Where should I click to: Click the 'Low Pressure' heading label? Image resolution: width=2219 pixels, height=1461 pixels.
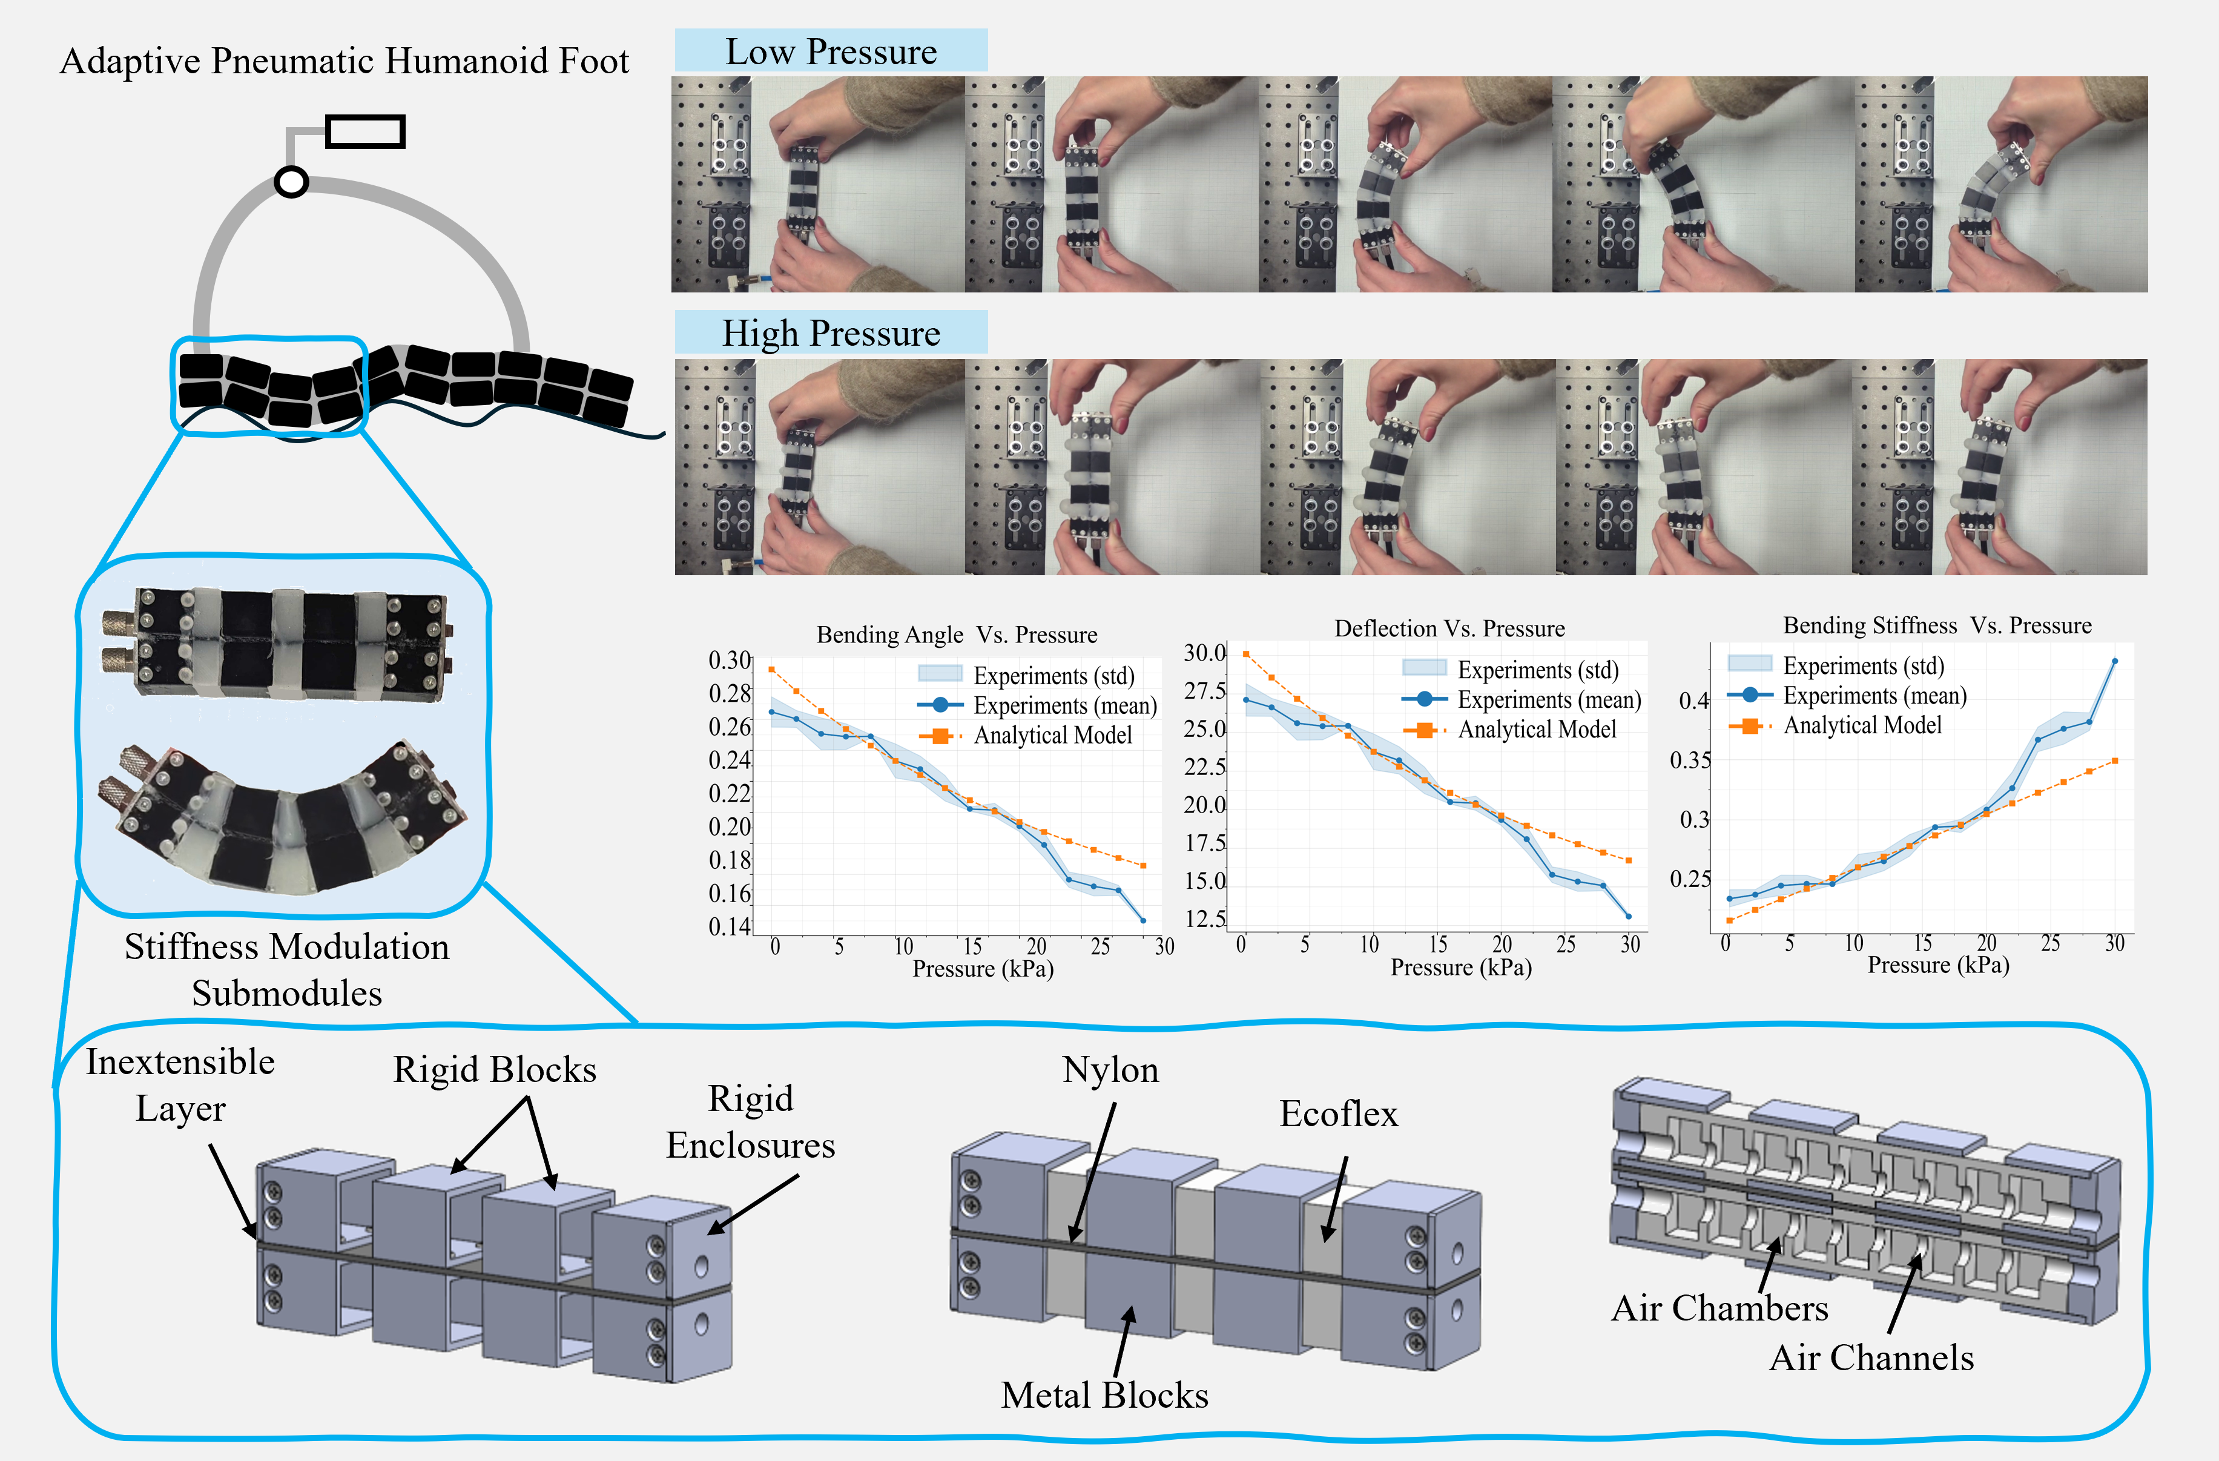click(x=831, y=51)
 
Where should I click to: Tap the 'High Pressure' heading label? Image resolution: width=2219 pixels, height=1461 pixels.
click(x=831, y=333)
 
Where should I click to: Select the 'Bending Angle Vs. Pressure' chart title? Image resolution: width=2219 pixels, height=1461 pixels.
click(x=957, y=635)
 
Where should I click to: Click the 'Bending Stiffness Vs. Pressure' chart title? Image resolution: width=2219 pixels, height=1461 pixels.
click(x=1936, y=625)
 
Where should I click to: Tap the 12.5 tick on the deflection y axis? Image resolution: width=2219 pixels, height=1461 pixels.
click(x=1205, y=919)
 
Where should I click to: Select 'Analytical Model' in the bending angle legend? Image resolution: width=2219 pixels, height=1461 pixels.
click(x=1053, y=736)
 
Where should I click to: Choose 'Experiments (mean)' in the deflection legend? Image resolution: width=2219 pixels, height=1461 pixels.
click(x=1549, y=699)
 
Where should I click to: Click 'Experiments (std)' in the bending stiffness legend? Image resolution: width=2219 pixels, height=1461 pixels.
click(x=1863, y=665)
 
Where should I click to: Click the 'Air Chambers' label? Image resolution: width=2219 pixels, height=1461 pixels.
click(x=1719, y=1308)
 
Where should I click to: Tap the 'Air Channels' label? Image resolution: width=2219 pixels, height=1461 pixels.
click(x=1871, y=1357)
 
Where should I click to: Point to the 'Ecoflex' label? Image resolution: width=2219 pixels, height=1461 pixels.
click(x=1338, y=1114)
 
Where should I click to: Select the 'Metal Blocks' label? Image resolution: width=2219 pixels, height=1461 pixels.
click(x=1104, y=1395)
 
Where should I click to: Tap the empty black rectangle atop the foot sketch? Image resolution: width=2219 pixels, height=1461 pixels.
click(x=364, y=131)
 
